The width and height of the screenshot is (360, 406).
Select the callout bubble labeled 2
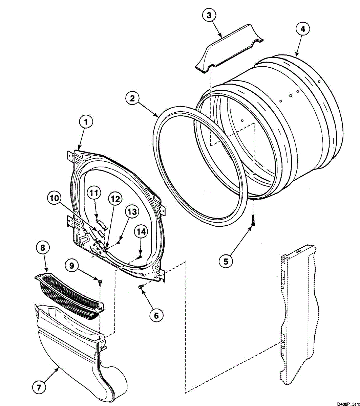(132, 98)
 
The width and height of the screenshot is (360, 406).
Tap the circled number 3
(209, 15)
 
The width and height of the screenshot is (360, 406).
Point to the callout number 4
(302, 29)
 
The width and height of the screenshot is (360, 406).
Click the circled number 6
(156, 315)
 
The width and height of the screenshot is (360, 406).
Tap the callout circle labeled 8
(43, 248)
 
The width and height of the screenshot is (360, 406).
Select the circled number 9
(72, 266)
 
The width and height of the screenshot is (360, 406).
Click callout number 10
(55, 198)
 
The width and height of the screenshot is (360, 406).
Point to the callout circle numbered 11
(94, 193)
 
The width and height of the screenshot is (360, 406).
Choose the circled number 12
(115, 199)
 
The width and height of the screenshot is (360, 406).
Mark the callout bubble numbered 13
(131, 212)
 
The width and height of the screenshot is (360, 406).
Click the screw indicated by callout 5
(253, 221)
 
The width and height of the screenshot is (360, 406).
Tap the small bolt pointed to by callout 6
(141, 287)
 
